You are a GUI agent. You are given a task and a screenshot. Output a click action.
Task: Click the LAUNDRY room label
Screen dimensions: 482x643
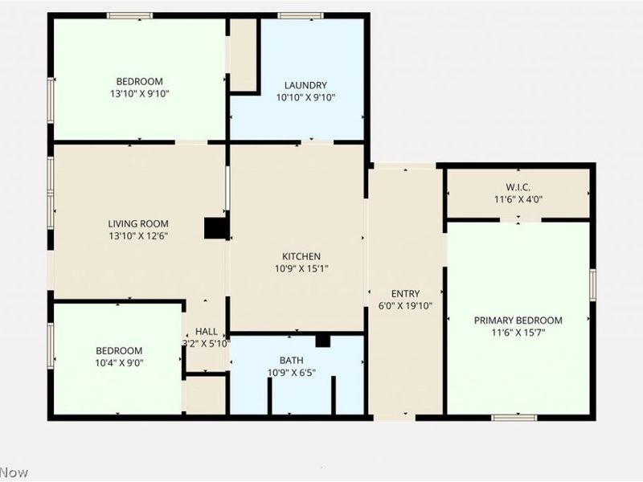[305, 85]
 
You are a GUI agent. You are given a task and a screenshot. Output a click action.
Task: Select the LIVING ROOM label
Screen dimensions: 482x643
[138, 224]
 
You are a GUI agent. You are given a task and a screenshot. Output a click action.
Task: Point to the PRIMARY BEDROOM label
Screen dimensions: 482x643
[518, 321]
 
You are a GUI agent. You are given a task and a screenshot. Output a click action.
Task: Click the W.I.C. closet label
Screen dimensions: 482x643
[518, 187]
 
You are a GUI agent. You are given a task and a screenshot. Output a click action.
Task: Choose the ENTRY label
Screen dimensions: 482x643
[405, 294]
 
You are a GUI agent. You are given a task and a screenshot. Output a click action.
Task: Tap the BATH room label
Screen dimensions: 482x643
[291, 361]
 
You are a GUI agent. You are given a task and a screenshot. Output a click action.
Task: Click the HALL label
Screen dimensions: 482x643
[206, 331]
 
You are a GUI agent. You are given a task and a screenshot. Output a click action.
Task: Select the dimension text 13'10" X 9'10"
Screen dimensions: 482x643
[139, 94]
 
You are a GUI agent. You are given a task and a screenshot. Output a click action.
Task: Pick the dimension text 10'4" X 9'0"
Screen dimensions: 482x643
[119, 362]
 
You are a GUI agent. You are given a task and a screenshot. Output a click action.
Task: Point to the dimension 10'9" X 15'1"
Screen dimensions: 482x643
[301, 269]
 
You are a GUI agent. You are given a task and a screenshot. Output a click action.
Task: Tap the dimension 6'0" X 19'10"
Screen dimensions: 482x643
[405, 305]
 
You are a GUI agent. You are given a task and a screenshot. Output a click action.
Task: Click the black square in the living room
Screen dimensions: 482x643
[215, 229]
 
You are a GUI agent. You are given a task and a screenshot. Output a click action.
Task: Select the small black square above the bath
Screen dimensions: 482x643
[322, 341]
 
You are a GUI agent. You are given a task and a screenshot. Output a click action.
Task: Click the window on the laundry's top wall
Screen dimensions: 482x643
[301, 15]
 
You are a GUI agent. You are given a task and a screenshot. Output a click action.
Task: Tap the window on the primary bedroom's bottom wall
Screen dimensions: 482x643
[514, 417]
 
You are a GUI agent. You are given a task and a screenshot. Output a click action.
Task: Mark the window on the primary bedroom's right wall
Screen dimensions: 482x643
[592, 285]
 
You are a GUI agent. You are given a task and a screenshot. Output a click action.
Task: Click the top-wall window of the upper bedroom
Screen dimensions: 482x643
[129, 15]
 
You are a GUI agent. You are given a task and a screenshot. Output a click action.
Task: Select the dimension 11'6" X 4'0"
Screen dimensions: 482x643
[518, 199]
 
